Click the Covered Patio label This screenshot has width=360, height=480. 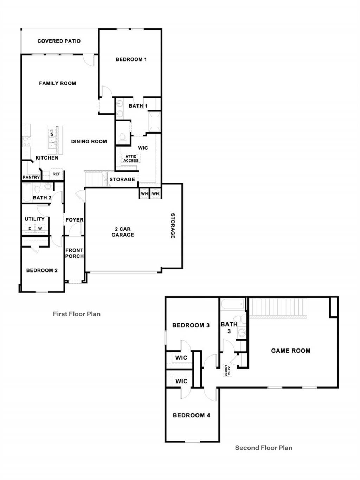pyautogui.click(x=59, y=41)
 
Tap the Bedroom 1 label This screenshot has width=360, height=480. pyautogui.click(x=131, y=59)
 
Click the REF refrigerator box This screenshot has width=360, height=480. pyautogui.click(x=56, y=174)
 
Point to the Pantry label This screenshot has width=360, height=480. pyautogui.click(x=31, y=177)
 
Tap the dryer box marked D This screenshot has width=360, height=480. pyautogui.click(x=30, y=229)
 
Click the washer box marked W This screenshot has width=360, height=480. pyautogui.click(x=40, y=229)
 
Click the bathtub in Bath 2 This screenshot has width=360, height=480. pyautogui.click(x=27, y=192)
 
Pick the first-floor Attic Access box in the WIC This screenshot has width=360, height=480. pyautogui.click(x=131, y=158)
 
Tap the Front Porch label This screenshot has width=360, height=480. pyautogui.click(x=74, y=253)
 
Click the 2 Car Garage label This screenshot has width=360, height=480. pyautogui.click(x=123, y=232)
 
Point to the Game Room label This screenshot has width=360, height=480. pyautogui.click(x=291, y=351)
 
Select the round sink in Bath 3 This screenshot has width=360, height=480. pyautogui.click(x=242, y=333)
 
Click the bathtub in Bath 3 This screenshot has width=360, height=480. pyautogui.click(x=232, y=304)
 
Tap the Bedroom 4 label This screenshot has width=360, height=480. pyautogui.click(x=192, y=415)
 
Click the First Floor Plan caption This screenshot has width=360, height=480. pyautogui.click(x=77, y=314)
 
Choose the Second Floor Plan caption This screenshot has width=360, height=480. pyautogui.click(x=264, y=452)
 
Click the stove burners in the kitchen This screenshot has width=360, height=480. pyautogui.click(x=27, y=141)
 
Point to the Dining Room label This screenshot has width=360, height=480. pyautogui.click(x=89, y=141)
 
